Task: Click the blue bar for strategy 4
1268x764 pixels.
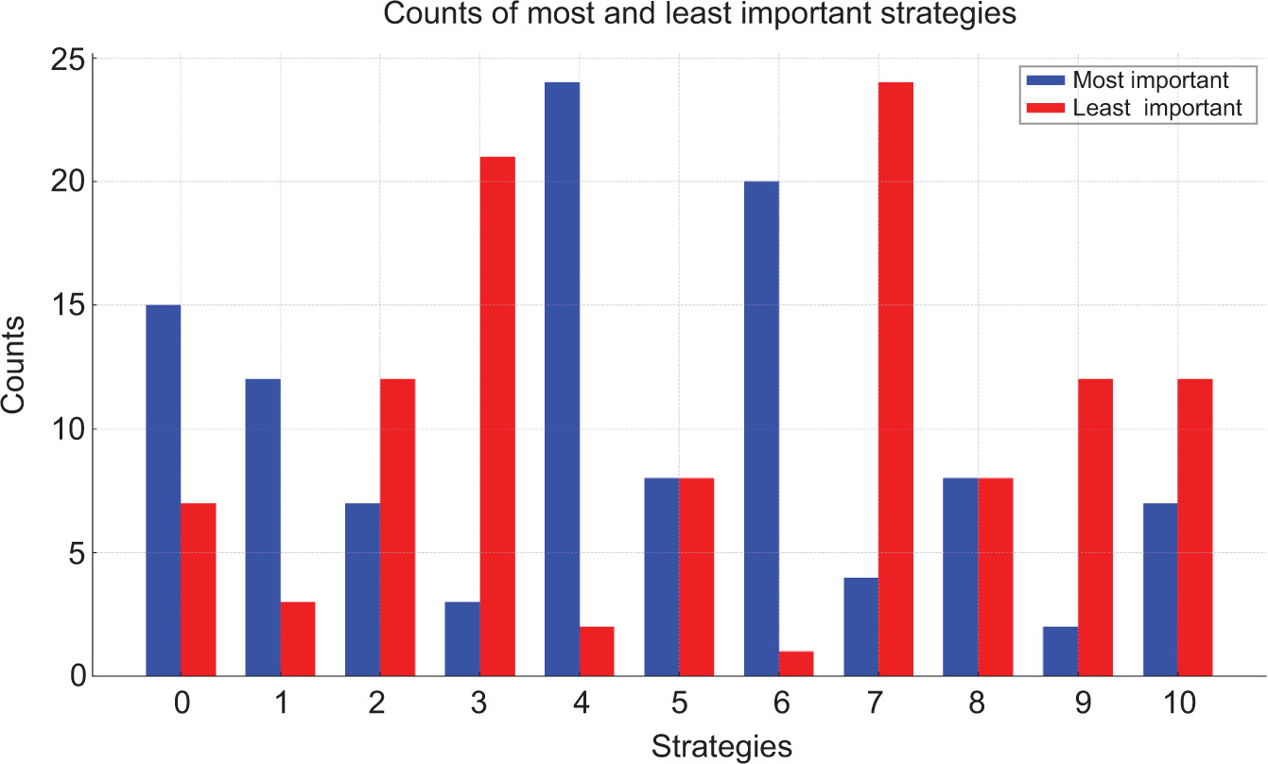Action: point(563,378)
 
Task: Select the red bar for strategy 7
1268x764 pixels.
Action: point(895,378)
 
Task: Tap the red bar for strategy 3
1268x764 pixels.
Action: point(497,416)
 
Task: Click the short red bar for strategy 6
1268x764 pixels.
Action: point(796,664)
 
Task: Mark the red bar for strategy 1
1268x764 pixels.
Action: point(298,639)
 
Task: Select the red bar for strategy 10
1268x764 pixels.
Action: point(1194,528)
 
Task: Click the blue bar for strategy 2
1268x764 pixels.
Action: point(363,590)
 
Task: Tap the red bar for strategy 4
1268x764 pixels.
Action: point(597,651)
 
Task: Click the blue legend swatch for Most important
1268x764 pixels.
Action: point(1043,79)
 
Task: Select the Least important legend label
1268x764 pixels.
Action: point(1157,108)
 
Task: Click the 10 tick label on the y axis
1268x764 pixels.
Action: point(74,429)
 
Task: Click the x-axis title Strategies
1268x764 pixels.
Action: point(721,747)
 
